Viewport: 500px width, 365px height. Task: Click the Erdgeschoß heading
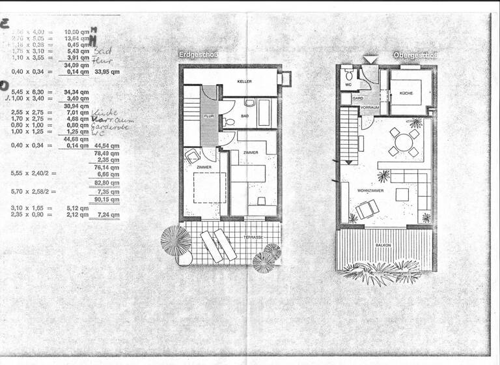[199, 55]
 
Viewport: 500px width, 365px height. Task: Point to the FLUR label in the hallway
[209, 116]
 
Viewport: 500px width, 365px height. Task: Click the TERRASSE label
[253, 238]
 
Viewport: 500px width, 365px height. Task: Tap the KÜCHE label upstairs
[406, 93]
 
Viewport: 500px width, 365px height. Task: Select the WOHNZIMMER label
[370, 190]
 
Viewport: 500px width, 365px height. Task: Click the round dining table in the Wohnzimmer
[404, 142]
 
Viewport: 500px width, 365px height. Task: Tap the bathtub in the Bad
[264, 113]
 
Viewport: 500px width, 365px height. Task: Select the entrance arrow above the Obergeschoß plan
[369, 60]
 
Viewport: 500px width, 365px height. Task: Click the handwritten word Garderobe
[110, 127]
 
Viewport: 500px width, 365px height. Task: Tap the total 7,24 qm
[107, 214]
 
